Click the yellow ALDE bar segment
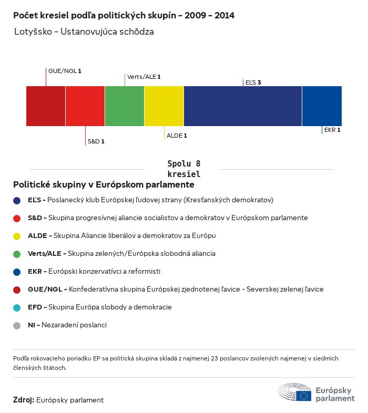pos(164,106)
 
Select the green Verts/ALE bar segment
pos(125,106)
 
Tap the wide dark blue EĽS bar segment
pos(243,106)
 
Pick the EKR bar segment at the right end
pos(322,106)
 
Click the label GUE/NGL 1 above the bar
pos(65,70)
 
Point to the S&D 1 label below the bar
pos(96,141)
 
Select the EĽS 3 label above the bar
pos(253,82)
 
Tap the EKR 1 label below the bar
pos(332,130)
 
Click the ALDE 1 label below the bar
pos(177,136)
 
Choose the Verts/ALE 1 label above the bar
pos(144,77)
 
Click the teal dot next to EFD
pos(17,307)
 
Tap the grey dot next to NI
pos(17,325)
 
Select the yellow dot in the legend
pos(17,236)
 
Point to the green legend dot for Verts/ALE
pos(17,254)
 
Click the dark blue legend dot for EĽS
pos(17,200)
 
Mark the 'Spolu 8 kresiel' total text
pos(183,169)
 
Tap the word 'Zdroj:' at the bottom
pos(24,400)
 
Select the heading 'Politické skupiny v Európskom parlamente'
pos(104,185)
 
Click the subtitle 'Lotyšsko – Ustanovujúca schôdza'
pos(84,32)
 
